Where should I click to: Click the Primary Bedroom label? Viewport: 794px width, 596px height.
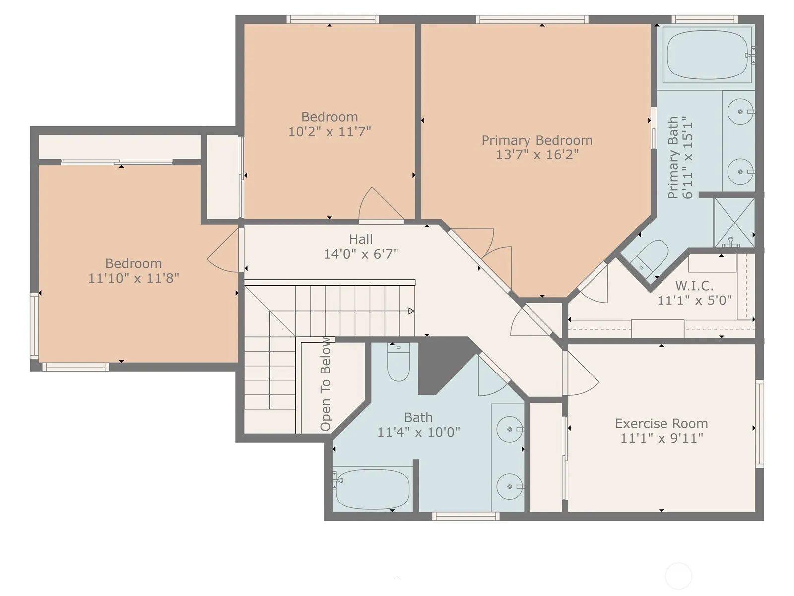coord(537,140)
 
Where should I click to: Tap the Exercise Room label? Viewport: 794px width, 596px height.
coord(662,423)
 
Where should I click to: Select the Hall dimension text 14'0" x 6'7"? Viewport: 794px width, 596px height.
coord(361,254)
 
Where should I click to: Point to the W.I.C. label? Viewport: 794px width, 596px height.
coord(694,286)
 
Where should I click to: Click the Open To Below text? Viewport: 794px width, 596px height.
coord(326,384)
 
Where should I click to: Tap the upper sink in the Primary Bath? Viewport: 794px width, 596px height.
coord(740,111)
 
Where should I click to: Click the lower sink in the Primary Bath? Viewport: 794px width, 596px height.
coord(740,171)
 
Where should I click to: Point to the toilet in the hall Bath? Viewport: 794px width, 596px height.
coord(398,362)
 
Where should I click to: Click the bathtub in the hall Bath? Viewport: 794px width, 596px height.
coord(373,489)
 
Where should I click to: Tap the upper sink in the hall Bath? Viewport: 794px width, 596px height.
coord(510,429)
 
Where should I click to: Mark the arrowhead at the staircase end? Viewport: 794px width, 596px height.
coord(411,311)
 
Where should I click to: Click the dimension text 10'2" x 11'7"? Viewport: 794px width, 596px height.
coord(330,131)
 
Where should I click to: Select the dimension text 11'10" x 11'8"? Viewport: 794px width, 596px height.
coord(133,278)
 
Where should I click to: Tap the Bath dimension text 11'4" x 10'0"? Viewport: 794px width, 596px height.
coord(418,432)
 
